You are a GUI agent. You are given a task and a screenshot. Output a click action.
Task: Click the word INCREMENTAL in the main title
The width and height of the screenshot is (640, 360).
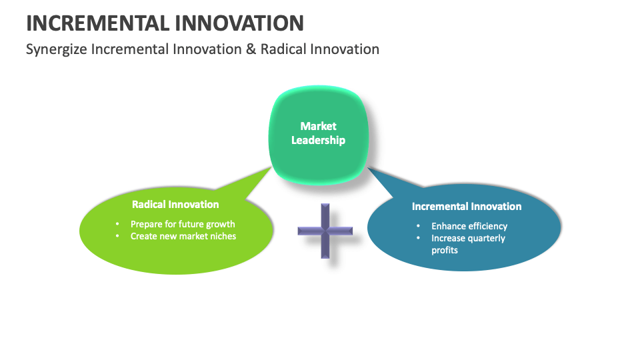pos(97,23)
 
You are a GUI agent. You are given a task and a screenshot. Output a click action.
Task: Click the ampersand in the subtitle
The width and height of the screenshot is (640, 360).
pos(251,49)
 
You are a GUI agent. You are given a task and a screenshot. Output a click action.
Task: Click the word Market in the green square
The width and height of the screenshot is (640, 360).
pos(318,126)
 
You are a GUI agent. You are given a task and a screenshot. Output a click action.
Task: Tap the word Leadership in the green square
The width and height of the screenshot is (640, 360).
pos(318,140)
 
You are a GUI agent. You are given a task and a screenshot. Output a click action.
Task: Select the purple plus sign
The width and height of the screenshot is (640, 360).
pos(325,231)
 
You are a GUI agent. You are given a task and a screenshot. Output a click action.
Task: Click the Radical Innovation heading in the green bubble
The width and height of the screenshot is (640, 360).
pos(175,204)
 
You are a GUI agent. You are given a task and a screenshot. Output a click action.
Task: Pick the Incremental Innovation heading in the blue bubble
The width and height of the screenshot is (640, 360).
pos(467,206)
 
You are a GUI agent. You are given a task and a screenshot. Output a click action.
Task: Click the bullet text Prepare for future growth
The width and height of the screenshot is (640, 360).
pos(183,224)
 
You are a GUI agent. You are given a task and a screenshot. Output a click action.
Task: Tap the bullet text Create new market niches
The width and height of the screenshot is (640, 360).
pos(183,236)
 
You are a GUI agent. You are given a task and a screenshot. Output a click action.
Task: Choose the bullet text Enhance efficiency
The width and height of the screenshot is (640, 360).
pos(469,226)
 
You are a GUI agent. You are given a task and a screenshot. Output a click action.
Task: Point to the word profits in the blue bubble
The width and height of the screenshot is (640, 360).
pos(445,250)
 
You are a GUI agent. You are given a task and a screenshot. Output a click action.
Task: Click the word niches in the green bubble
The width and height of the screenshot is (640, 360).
pos(222,236)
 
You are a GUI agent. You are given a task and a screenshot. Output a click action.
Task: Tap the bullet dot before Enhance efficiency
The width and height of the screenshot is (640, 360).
pos(418,226)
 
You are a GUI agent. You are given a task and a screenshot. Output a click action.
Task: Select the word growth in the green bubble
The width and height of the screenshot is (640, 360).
pos(220,224)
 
